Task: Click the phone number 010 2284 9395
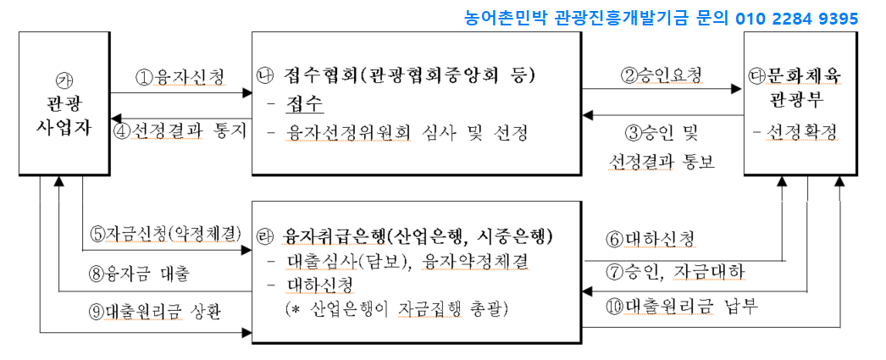pyautogui.click(x=797, y=19)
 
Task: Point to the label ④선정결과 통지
pyautogui.click(x=180, y=130)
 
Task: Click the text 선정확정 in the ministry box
pyautogui.click(x=800, y=131)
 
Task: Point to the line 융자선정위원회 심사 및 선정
pyautogui.click(x=406, y=133)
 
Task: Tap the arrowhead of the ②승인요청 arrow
pyautogui.click(x=736, y=89)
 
